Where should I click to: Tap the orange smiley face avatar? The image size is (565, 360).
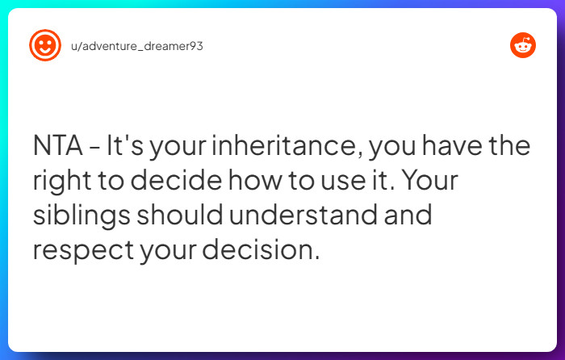(45, 46)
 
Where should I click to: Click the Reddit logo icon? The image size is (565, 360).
(523, 46)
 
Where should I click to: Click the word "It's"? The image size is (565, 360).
(127, 148)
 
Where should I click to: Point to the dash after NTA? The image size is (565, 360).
(95, 149)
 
